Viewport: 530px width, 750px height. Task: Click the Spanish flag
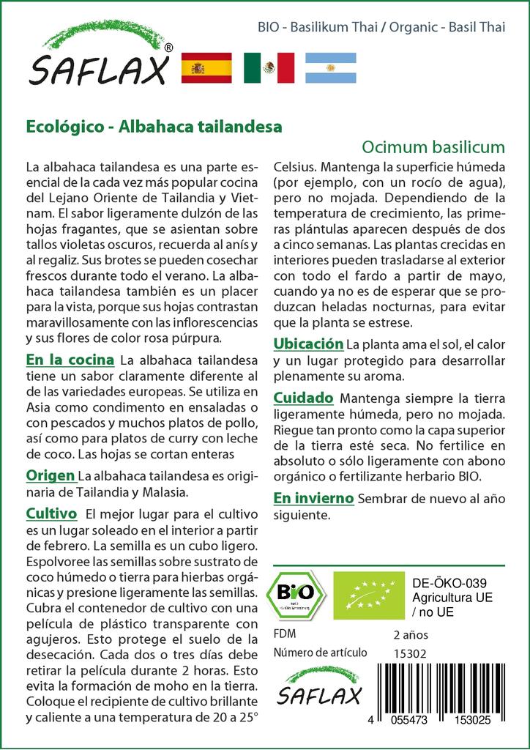206,68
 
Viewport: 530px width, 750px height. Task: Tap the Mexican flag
269,68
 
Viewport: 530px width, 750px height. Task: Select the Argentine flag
331,68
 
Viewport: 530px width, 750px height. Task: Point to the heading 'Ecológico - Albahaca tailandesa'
154,126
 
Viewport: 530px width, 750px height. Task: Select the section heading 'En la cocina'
70,360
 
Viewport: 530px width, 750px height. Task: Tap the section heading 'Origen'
51,475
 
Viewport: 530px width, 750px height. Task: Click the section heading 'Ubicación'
308,344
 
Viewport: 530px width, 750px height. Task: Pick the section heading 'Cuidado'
303,398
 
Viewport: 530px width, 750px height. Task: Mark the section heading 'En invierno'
313,499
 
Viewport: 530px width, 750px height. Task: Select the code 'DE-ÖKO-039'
449,584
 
